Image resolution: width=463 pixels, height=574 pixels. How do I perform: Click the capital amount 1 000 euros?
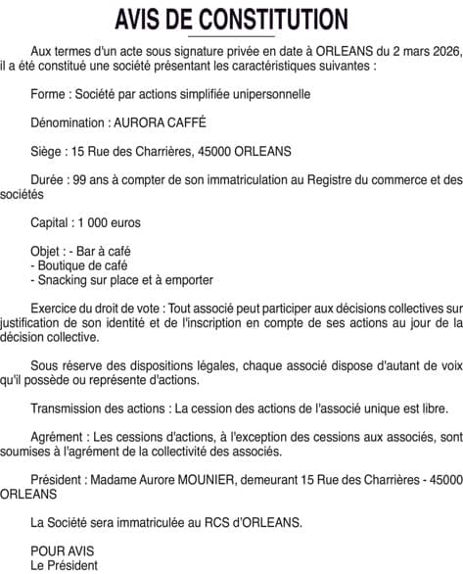[x=112, y=222]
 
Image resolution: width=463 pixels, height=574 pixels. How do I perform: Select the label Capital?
[x=50, y=222]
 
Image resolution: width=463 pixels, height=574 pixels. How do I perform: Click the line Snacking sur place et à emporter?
[x=121, y=280]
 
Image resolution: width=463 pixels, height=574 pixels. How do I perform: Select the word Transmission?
[x=68, y=408]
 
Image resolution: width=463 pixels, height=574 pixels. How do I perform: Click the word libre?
[x=434, y=408]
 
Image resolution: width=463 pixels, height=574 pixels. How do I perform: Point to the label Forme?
[x=48, y=95]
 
